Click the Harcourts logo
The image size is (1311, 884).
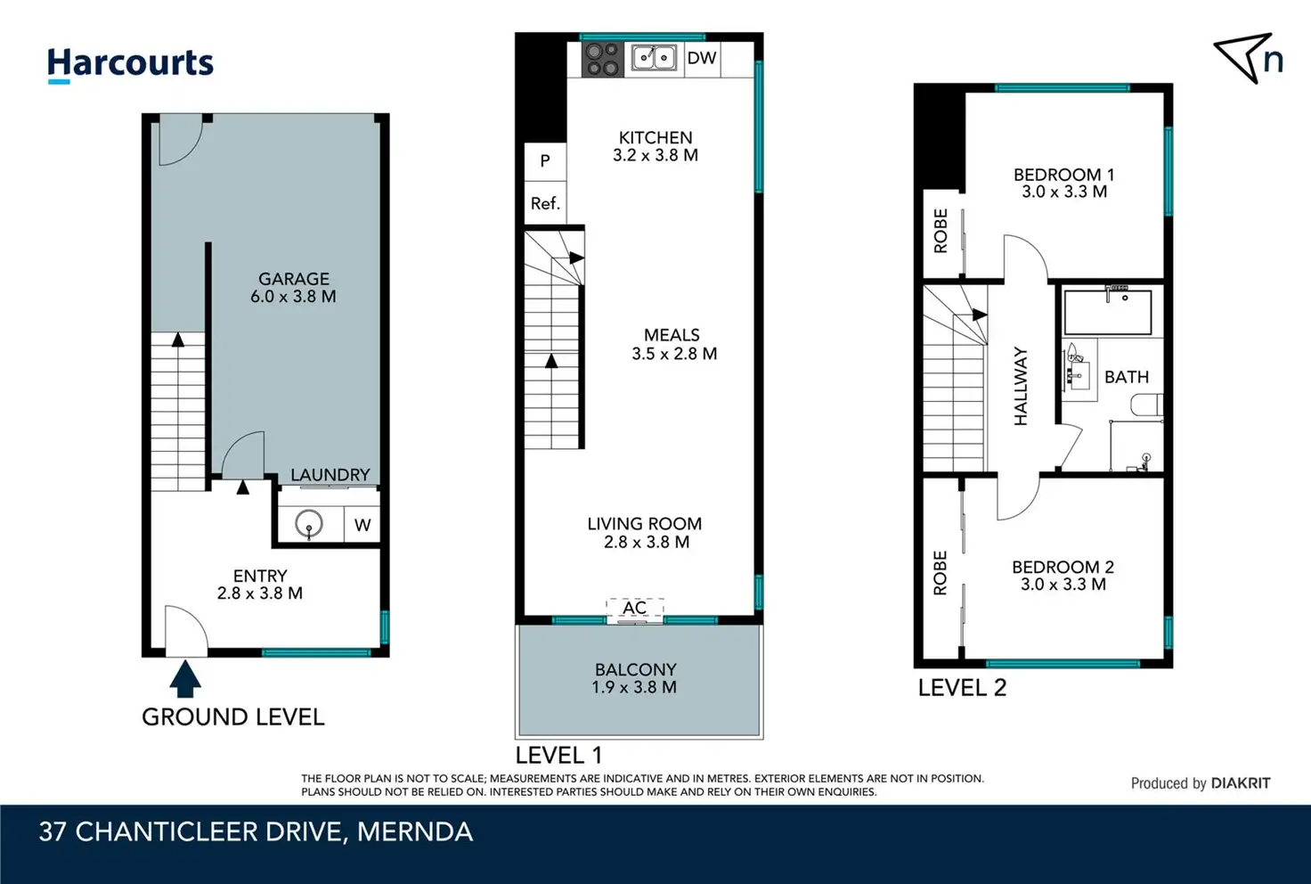point(130,65)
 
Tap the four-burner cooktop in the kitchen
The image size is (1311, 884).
point(603,60)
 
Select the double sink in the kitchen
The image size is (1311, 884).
point(654,58)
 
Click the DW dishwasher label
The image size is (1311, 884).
point(702,58)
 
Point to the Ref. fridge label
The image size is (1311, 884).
point(545,204)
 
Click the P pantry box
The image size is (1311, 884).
point(545,161)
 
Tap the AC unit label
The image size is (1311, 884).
point(634,608)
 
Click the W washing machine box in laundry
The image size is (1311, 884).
point(362,525)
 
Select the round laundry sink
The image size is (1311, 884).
point(308,523)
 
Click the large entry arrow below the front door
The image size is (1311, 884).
point(185,678)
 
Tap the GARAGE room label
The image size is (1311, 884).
point(294,279)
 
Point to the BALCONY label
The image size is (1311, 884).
point(636,669)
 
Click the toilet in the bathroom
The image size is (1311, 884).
point(1146,405)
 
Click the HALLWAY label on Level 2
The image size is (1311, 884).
point(1021,387)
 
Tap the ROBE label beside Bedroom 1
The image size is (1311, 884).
point(940,231)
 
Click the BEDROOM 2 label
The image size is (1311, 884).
point(1063,567)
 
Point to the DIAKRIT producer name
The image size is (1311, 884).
point(1241,783)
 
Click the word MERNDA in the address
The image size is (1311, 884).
point(415,832)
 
